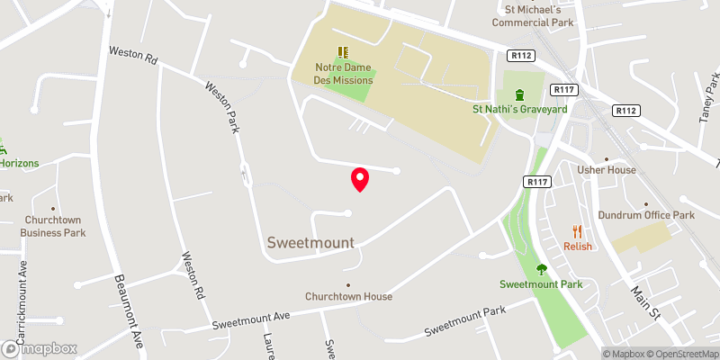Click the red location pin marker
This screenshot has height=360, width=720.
click(x=360, y=179)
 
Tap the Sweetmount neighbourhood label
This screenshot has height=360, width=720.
click(x=310, y=242)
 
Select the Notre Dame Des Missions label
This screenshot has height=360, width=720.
click(x=344, y=74)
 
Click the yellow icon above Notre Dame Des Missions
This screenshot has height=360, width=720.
click(x=343, y=52)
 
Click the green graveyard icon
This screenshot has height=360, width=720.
click(x=519, y=94)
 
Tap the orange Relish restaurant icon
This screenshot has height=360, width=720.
click(x=578, y=230)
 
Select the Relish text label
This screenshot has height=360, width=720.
click(x=578, y=247)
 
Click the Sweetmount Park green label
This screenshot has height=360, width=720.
click(x=541, y=284)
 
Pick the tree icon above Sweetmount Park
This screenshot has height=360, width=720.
click(x=541, y=268)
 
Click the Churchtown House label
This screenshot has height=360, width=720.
click(x=348, y=296)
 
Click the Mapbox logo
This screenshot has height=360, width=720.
click(x=40, y=348)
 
